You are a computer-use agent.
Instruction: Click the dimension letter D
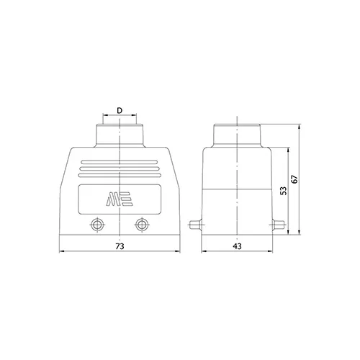(x=120, y=110)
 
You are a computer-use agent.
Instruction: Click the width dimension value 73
(x=120, y=246)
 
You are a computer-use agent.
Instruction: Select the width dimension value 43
(x=237, y=246)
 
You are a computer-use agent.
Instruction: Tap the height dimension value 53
(x=284, y=191)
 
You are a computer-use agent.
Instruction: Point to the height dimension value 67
(x=294, y=179)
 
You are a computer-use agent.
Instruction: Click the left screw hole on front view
(x=97, y=225)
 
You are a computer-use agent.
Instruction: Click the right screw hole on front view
(x=142, y=225)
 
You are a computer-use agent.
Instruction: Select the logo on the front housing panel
(x=120, y=199)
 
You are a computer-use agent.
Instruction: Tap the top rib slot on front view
(x=120, y=162)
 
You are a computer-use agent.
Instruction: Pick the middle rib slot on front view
(x=120, y=168)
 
